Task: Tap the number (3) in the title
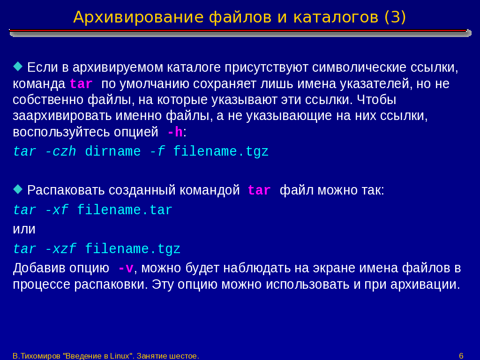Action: point(395,17)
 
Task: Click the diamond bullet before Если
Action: point(18,66)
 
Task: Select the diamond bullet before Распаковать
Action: point(18,189)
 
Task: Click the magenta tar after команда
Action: point(81,84)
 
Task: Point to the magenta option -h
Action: point(175,132)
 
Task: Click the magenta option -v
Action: point(126,269)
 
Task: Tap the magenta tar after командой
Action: point(259,190)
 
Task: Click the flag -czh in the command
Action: point(60,151)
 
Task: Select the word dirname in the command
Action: point(112,151)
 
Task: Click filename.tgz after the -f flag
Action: point(221,152)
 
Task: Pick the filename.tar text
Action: point(125,210)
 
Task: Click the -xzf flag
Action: point(60,249)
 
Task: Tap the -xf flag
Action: point(57,210)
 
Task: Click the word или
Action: point(24,229)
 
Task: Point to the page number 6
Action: point(461,356)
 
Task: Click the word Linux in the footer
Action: point(120,356)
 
